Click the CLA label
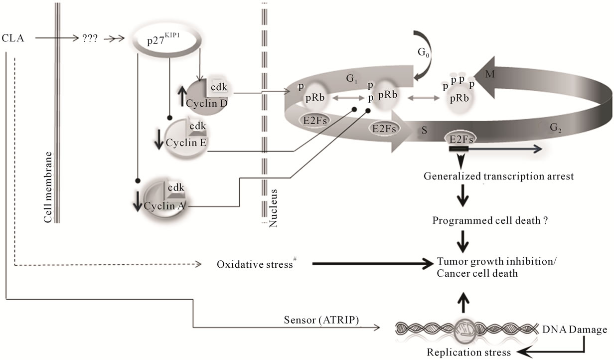[12, 37]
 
